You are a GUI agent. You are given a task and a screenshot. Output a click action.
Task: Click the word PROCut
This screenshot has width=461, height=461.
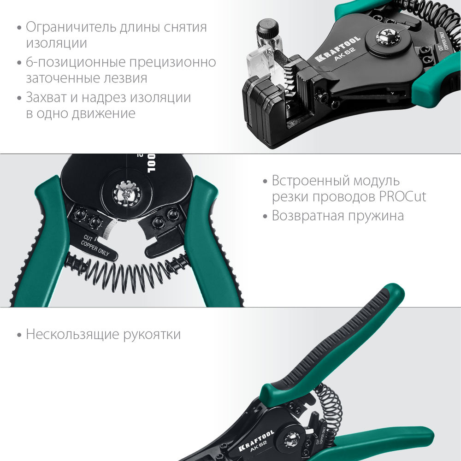[403, 197]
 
